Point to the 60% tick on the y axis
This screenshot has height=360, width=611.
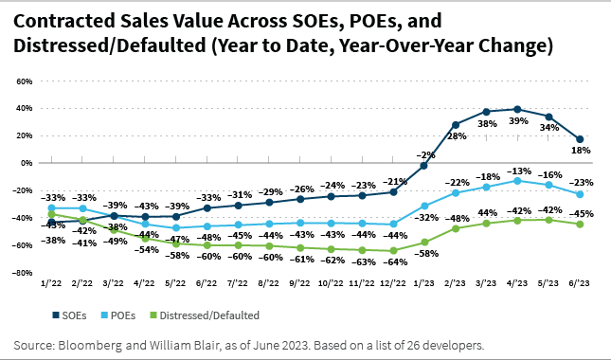tap(24, 81)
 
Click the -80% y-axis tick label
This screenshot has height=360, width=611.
tap(22, 273)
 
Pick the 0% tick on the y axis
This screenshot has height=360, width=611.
tap(27, 163)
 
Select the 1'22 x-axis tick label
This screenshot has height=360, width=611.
tap(51, 283)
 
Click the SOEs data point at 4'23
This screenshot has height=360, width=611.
tap(516, 109)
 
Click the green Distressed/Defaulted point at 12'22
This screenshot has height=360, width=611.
tap(393, 250)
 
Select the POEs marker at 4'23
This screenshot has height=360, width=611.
tap(516, 180)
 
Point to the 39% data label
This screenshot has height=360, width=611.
tap(516, 122)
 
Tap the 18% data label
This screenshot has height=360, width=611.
tap(581, 151)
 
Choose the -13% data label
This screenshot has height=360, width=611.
tap(516, 170)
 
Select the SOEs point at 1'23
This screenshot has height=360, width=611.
tap(424, 166)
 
